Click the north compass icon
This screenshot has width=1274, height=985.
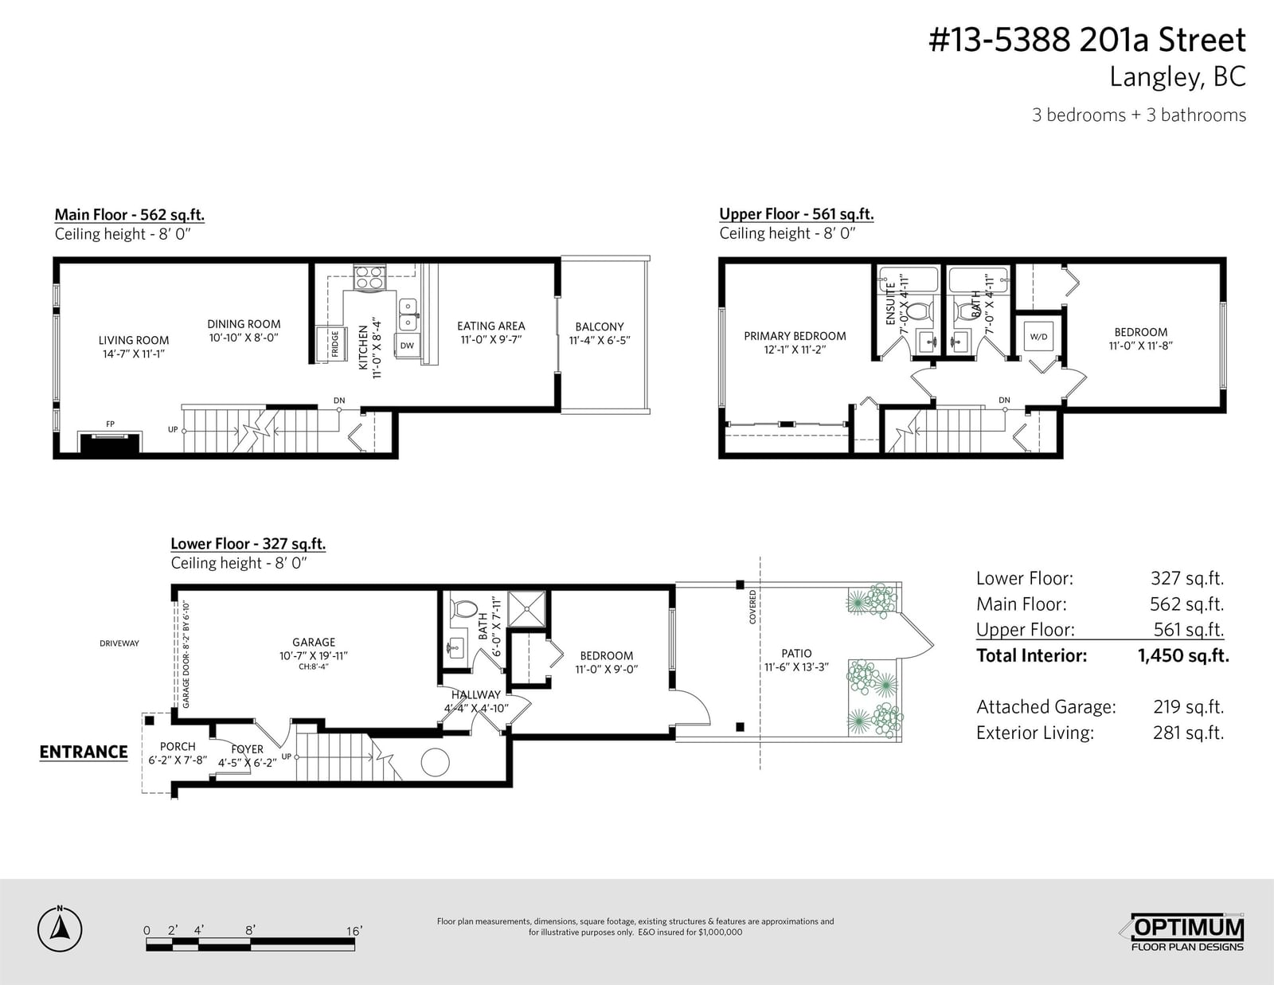click(x=60, y=929)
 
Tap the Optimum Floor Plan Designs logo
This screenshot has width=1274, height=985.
click(x=1182, y=932)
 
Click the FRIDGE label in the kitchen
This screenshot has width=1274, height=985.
click(x=335, y=343)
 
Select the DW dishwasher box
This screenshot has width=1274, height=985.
click(x=407, y=346)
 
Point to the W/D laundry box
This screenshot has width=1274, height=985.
click(x=1038, y=337)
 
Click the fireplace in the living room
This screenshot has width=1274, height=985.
click(x=110, y=442)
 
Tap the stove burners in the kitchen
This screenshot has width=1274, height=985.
click(x=369, y=277)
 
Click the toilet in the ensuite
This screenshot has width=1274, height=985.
click(x=921, y=311)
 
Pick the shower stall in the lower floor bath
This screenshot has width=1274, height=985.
click(x=526, y=608)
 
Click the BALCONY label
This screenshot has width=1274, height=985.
click(x=600, y=326)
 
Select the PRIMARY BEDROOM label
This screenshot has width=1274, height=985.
click(x=795, y=336)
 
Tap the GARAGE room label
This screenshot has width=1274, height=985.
click(x=314, y=642)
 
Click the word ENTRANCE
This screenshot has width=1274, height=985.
click(x=84, y=752)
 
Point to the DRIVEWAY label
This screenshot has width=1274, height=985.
click(x=119, y=643)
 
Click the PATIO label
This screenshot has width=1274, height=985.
click(x=796, y=653)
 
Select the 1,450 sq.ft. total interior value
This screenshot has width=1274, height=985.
click(x=1183, y=655)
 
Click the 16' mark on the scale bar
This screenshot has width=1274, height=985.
click(x=354, y=931)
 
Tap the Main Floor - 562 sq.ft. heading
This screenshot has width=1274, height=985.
click(x=130, y=214)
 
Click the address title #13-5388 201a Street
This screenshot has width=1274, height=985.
click(x=1087, y=41)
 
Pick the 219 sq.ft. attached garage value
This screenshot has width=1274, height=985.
click(x=1188, y=706)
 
